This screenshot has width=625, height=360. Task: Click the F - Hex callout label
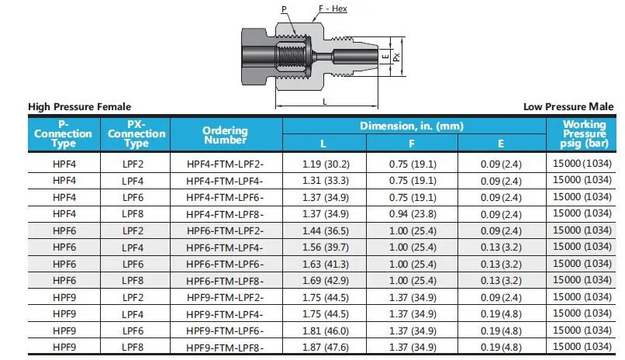(333, 9)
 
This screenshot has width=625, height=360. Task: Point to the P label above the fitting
(284, 9)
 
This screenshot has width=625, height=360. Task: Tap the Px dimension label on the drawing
(396, 57)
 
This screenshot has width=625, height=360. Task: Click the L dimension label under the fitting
(325, 102)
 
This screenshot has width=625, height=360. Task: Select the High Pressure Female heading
(79, 107)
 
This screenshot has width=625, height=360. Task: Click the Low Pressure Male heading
(568, 107)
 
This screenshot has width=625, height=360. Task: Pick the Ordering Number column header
(225, 135)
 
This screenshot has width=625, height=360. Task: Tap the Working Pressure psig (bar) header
(585, 134)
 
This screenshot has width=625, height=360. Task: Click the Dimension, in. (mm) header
(412, 126)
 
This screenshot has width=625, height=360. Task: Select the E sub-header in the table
(501, 144)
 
